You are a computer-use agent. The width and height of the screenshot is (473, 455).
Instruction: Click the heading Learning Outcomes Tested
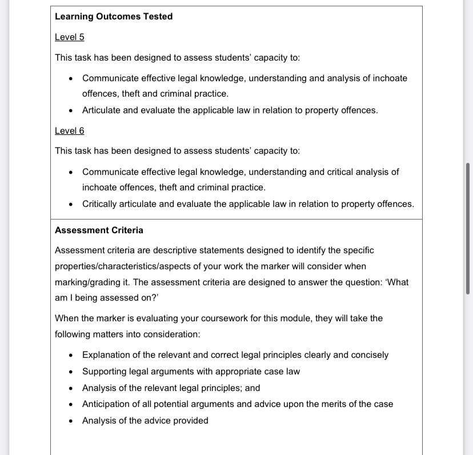tap(113, 17)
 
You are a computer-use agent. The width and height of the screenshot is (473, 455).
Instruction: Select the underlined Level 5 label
tap(69, 37)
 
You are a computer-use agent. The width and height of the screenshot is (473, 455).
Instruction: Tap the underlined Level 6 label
tap(69, 131)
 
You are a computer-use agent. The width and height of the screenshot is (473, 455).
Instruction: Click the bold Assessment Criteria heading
tap(99, 230)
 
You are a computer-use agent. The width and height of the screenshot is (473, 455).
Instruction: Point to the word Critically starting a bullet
tap(101, 204)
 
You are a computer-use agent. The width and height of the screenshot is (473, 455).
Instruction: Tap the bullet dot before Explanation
tap(70, 356)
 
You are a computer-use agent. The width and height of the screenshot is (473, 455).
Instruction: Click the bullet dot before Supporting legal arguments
tap(70, 372)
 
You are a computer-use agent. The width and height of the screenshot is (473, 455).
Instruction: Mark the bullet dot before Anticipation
tap(70, 405)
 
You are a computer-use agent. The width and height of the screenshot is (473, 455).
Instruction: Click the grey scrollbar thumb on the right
tap(468, 228)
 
